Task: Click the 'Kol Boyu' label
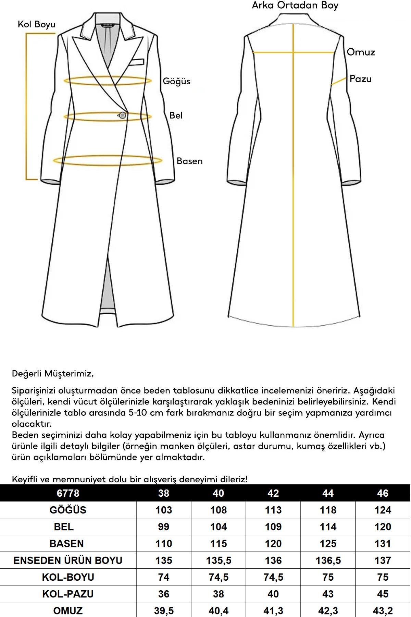tap(36, 24)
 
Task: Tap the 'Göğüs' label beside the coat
tap(176, 81)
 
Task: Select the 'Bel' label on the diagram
tap(176, 115)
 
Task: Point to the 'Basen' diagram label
tap(189, 161)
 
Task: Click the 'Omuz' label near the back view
tap(361, 52)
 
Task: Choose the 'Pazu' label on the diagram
tap(360, 79)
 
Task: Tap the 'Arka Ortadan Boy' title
tap(295, 5)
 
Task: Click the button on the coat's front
tap(122, 116)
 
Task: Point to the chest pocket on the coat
tap(136, 62)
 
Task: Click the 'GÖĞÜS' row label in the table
tap(68, 510)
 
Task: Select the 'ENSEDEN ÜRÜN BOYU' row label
tap(68, 560)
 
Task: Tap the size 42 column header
tap(273, 493)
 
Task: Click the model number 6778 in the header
tap(68, 493)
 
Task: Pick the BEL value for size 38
tap(163, 527)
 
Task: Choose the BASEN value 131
tap(383, 544)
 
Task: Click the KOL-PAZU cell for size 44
tap(328, 594)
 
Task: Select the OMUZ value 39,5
tap(163, 611)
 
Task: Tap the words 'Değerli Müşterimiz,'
tap(53, 373)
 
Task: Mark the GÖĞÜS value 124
tap(383, 510)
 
